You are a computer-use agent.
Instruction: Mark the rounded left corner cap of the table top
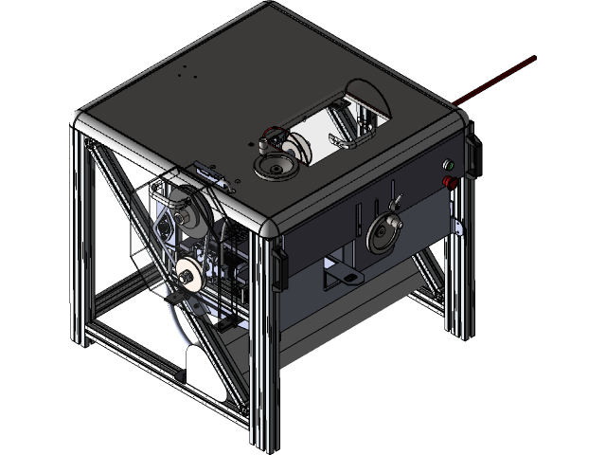80,120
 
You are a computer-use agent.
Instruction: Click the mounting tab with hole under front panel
344,276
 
